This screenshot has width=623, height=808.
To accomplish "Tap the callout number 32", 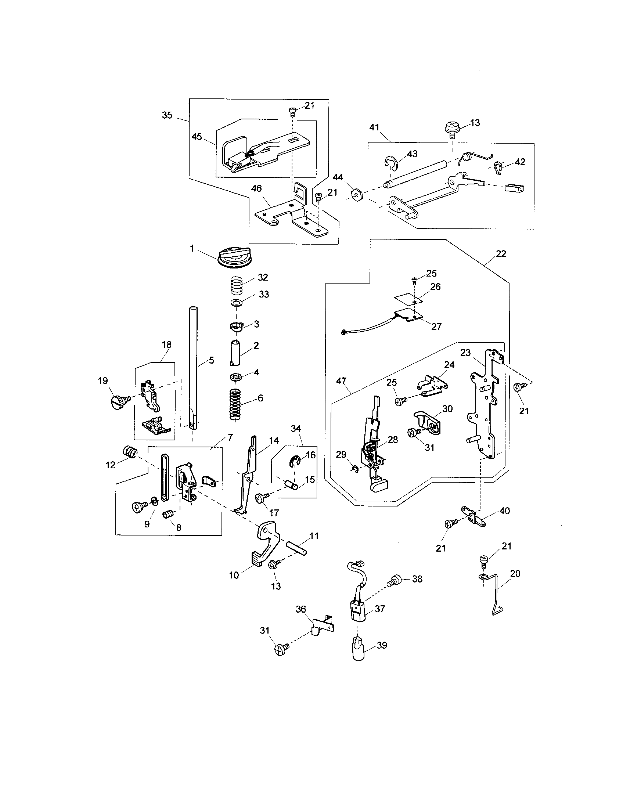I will [x=263, y=277].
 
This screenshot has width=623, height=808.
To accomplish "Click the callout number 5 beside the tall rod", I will [x=211, y=360].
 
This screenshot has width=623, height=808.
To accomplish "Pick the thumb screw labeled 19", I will [x=119, y=401].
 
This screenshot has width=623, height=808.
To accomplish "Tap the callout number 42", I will [x=520, y=162].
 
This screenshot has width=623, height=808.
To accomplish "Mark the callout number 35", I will [x=167, y=115].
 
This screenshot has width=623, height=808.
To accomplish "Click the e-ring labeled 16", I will [x=295, y=461].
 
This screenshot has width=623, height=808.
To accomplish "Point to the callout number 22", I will [x=501, y=254].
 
